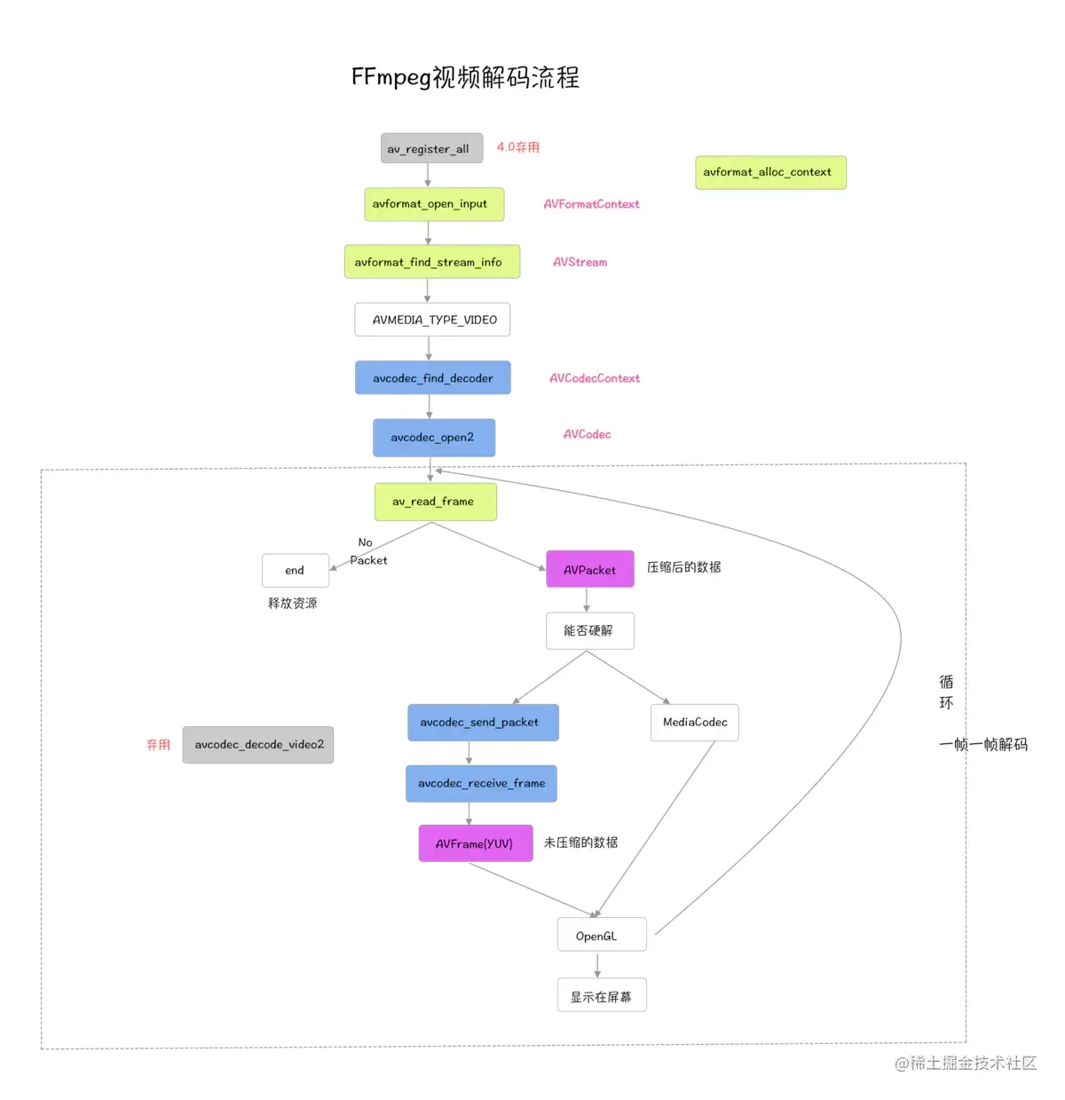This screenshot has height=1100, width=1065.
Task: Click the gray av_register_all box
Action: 431,148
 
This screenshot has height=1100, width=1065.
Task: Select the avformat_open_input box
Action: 434,204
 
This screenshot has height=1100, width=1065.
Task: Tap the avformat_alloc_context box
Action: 770,172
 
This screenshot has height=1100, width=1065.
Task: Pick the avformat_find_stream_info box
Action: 431,262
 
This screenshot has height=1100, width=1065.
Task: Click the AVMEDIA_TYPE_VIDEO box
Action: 432,320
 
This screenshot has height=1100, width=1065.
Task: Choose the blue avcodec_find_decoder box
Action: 432,378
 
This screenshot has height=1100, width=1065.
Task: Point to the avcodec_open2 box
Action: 433,438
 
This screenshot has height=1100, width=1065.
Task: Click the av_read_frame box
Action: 435,502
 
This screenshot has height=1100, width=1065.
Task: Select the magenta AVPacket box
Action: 589,570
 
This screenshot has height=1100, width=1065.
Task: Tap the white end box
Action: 295,571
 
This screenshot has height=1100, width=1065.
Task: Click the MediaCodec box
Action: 694,723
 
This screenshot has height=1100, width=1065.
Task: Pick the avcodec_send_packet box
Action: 483,723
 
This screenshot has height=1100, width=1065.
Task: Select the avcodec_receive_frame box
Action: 481,784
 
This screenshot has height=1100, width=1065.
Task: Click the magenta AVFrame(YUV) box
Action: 475,843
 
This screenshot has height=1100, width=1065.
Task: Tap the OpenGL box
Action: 601,936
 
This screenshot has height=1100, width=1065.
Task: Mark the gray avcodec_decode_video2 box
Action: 258,745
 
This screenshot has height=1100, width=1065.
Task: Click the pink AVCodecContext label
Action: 594,378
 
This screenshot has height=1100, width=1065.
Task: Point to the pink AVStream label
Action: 580,262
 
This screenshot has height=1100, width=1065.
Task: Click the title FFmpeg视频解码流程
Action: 465,77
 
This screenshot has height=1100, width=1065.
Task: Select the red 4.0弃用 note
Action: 517,147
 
